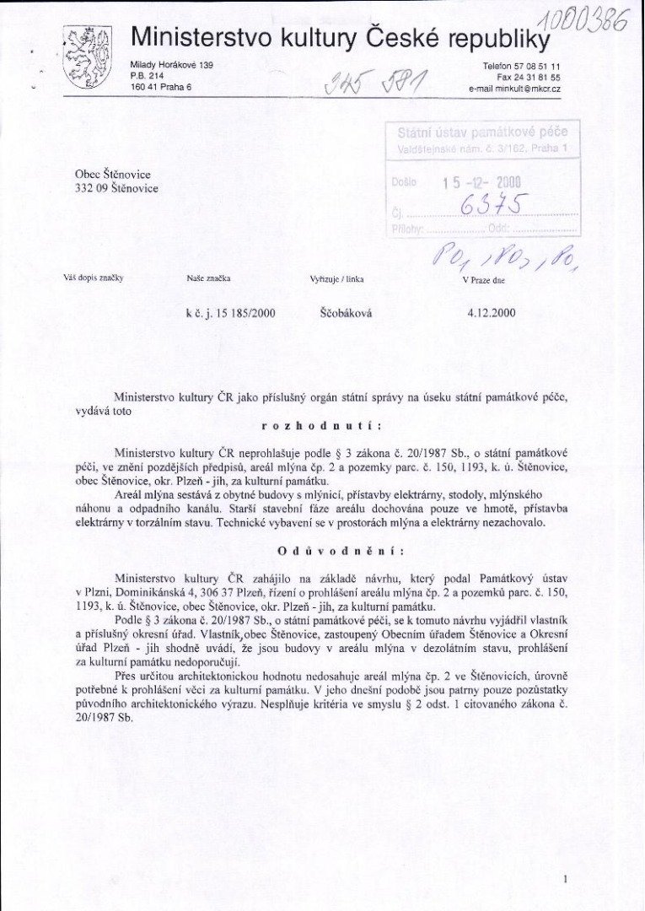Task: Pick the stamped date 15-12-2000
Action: [481, 181]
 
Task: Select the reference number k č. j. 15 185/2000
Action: [230, 313]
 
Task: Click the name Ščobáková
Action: [347, 313]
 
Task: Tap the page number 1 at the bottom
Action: [564, 879]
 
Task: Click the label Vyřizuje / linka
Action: [337, 278]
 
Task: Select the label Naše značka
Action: [208, 278]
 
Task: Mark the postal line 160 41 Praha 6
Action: [161, 87]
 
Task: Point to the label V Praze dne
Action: [483, 278]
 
